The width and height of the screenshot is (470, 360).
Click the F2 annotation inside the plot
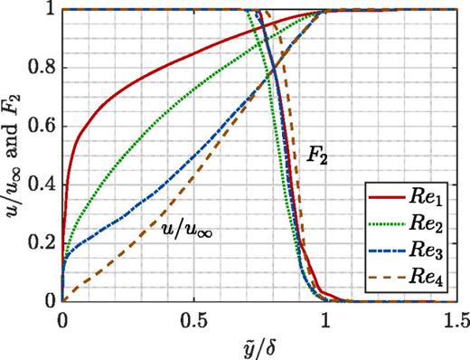315,156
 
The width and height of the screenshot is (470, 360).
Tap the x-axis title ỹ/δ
259,346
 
